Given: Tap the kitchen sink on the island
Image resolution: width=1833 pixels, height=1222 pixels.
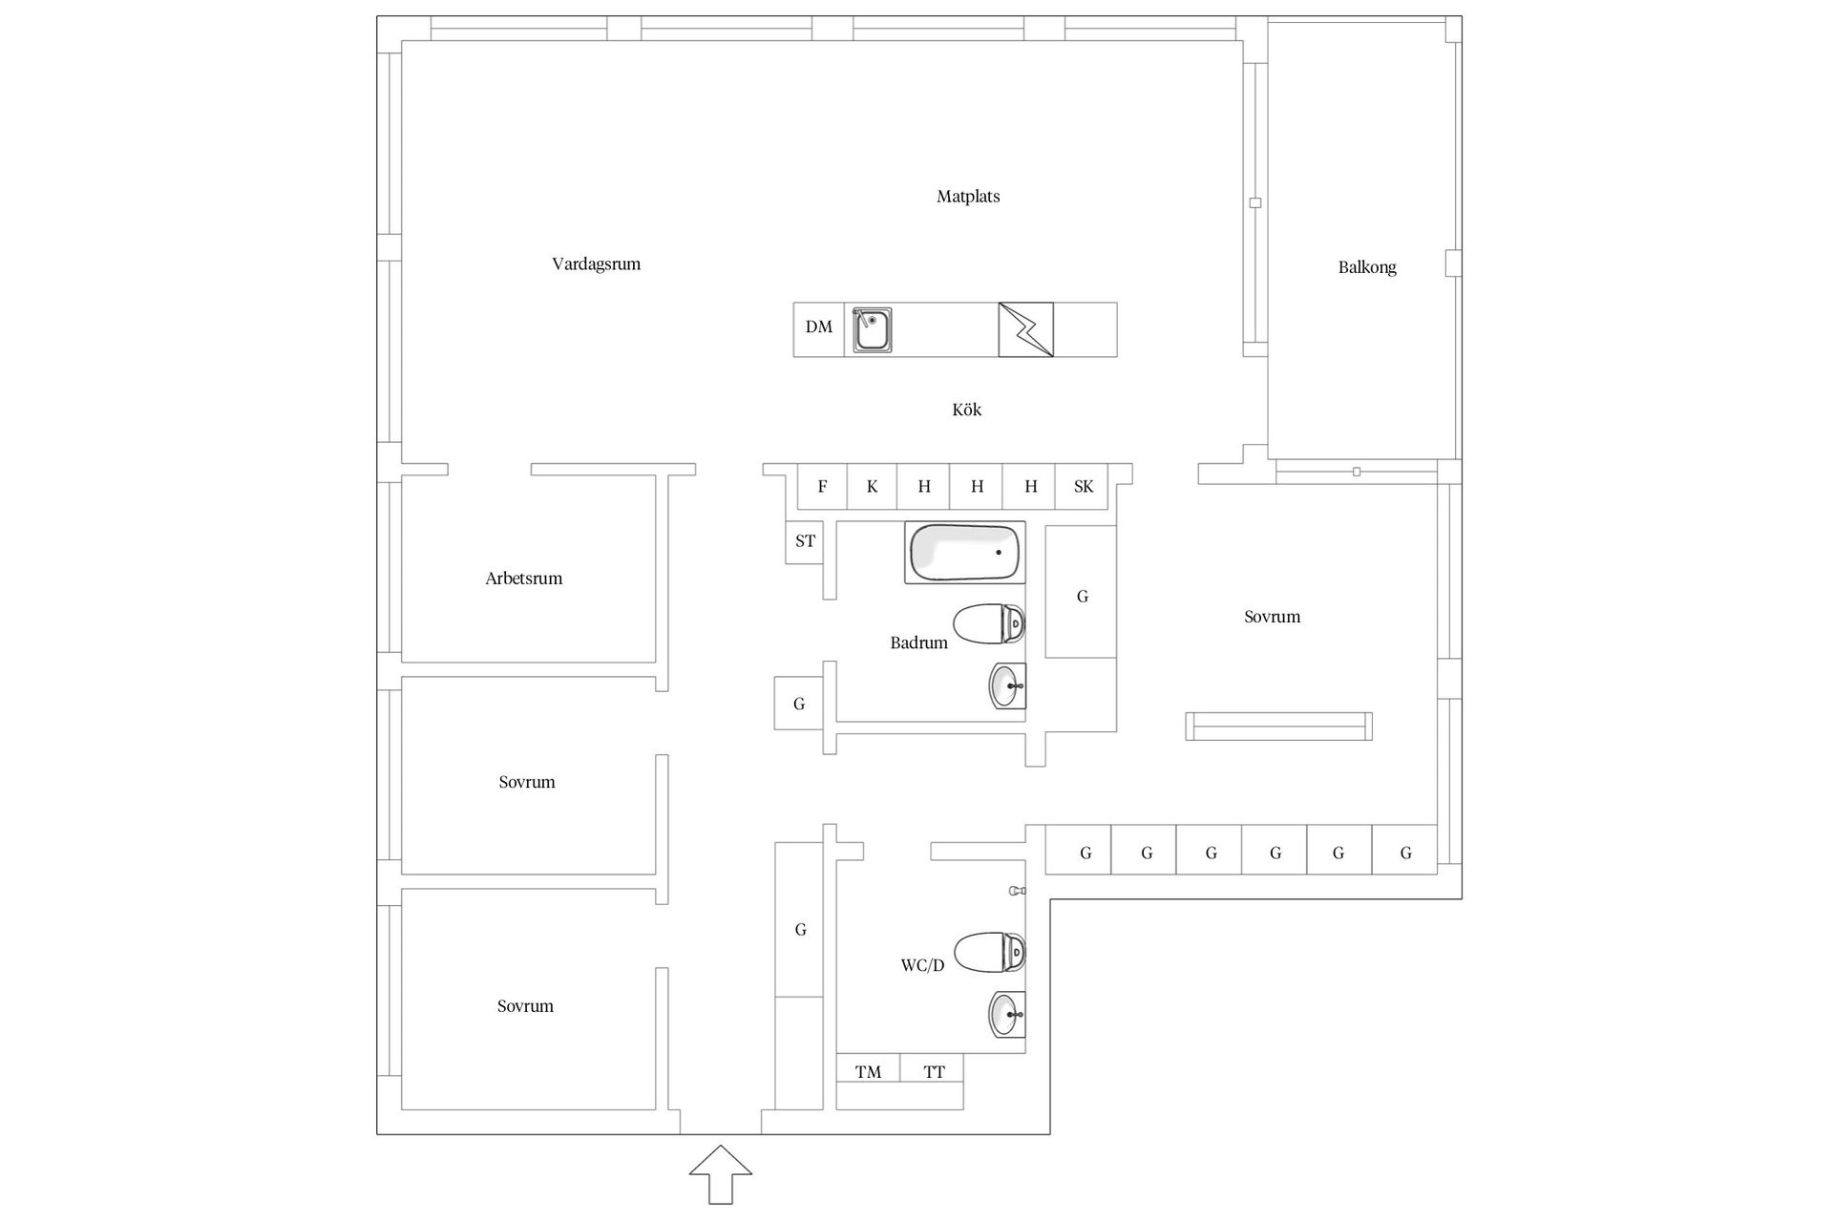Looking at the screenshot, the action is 872,329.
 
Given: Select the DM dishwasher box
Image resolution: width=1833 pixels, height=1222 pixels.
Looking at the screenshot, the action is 819,329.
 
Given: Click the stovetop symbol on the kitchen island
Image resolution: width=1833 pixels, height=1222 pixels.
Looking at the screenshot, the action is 1026,329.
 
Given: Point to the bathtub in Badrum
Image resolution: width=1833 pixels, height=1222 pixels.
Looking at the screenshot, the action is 965,552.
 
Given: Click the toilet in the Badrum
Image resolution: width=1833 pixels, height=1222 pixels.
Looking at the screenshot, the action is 989,624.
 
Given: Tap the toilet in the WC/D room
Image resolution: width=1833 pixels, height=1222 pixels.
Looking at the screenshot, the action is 989,953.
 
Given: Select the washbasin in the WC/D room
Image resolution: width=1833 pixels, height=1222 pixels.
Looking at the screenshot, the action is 1007,1015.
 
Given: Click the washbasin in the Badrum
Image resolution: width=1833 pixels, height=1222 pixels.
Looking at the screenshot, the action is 1007,686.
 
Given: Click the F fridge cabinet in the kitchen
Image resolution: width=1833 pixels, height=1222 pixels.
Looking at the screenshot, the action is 823,487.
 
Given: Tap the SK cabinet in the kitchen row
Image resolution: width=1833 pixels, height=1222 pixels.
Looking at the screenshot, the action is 1084,487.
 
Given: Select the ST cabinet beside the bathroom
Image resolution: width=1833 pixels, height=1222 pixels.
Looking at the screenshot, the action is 805,542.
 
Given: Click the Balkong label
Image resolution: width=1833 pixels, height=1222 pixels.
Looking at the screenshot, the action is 1367,268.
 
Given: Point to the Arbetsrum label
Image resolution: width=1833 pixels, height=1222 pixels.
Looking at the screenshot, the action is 524,579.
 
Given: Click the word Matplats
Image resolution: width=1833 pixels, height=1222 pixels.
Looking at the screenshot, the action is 968,197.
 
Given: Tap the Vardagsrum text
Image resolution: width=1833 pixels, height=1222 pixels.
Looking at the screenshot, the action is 597,264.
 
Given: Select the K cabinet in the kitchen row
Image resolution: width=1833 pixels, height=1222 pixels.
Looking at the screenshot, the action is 873,487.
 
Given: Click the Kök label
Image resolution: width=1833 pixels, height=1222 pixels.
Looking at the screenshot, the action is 967,410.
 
